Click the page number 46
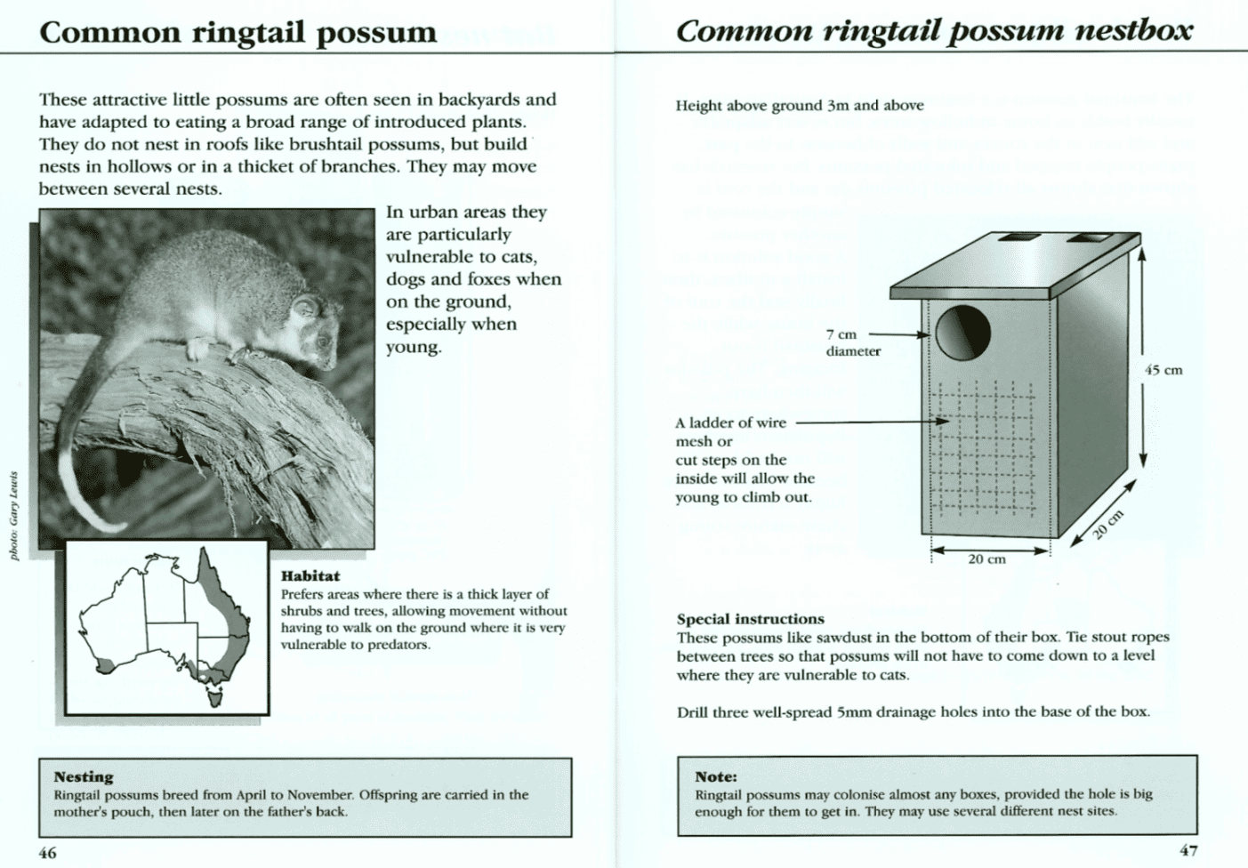(x=47, y=853)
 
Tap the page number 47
(x=1188, y=850)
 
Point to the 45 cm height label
(x=1163, y=370)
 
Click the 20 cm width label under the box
(x=986, y=559)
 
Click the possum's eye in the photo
(x=309, y=311)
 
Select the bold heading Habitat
(x=310, y=576)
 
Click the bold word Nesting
(x=84, y=776)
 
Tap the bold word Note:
(x=715, y=776)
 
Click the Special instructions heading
(x=750, y=619)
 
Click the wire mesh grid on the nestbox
(x=986, y=449)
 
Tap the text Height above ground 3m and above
(x=799, y=106)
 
